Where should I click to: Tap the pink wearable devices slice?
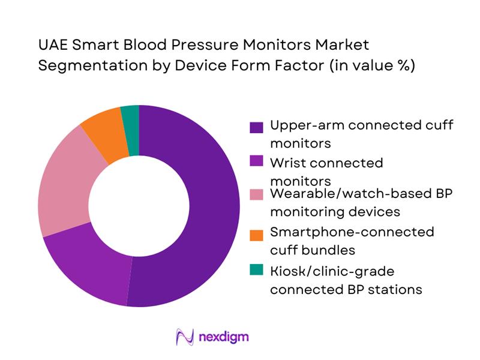pyautogui.click(x=63, y=180)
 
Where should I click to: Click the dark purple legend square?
pyautogui.click(x=257, y=127)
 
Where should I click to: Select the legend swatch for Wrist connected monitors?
pyautogui.click(x=257, y=163)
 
